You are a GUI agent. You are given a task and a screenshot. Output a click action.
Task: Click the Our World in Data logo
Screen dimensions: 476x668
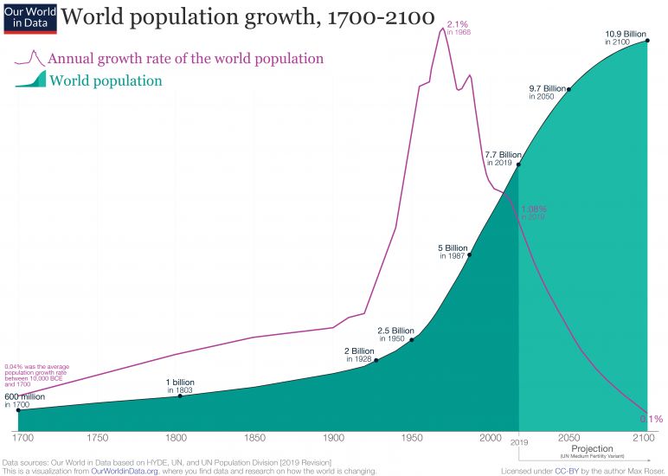(29, 17)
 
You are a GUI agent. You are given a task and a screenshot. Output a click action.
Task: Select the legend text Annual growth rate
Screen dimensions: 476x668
(186, 59)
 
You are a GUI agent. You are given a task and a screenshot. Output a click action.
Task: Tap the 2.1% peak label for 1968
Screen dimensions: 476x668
(459, 27)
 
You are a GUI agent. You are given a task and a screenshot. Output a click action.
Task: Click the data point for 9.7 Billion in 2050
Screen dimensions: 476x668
(568, 89)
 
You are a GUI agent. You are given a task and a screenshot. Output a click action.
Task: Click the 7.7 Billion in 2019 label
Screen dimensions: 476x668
(503, 158)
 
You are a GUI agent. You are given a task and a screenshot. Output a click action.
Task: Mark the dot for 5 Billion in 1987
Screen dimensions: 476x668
(470, 254)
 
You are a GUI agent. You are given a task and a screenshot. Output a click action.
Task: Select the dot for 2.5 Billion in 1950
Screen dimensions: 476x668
(411, 340)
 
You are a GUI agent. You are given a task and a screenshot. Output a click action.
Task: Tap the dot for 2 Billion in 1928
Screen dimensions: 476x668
(376, 360)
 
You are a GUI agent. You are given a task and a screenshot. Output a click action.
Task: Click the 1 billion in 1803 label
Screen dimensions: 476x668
(180, 386)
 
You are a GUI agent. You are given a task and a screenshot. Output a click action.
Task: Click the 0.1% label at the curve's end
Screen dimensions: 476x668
(651, 419)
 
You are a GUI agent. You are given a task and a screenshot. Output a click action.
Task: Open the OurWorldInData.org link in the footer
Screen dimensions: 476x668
(128, 471)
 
